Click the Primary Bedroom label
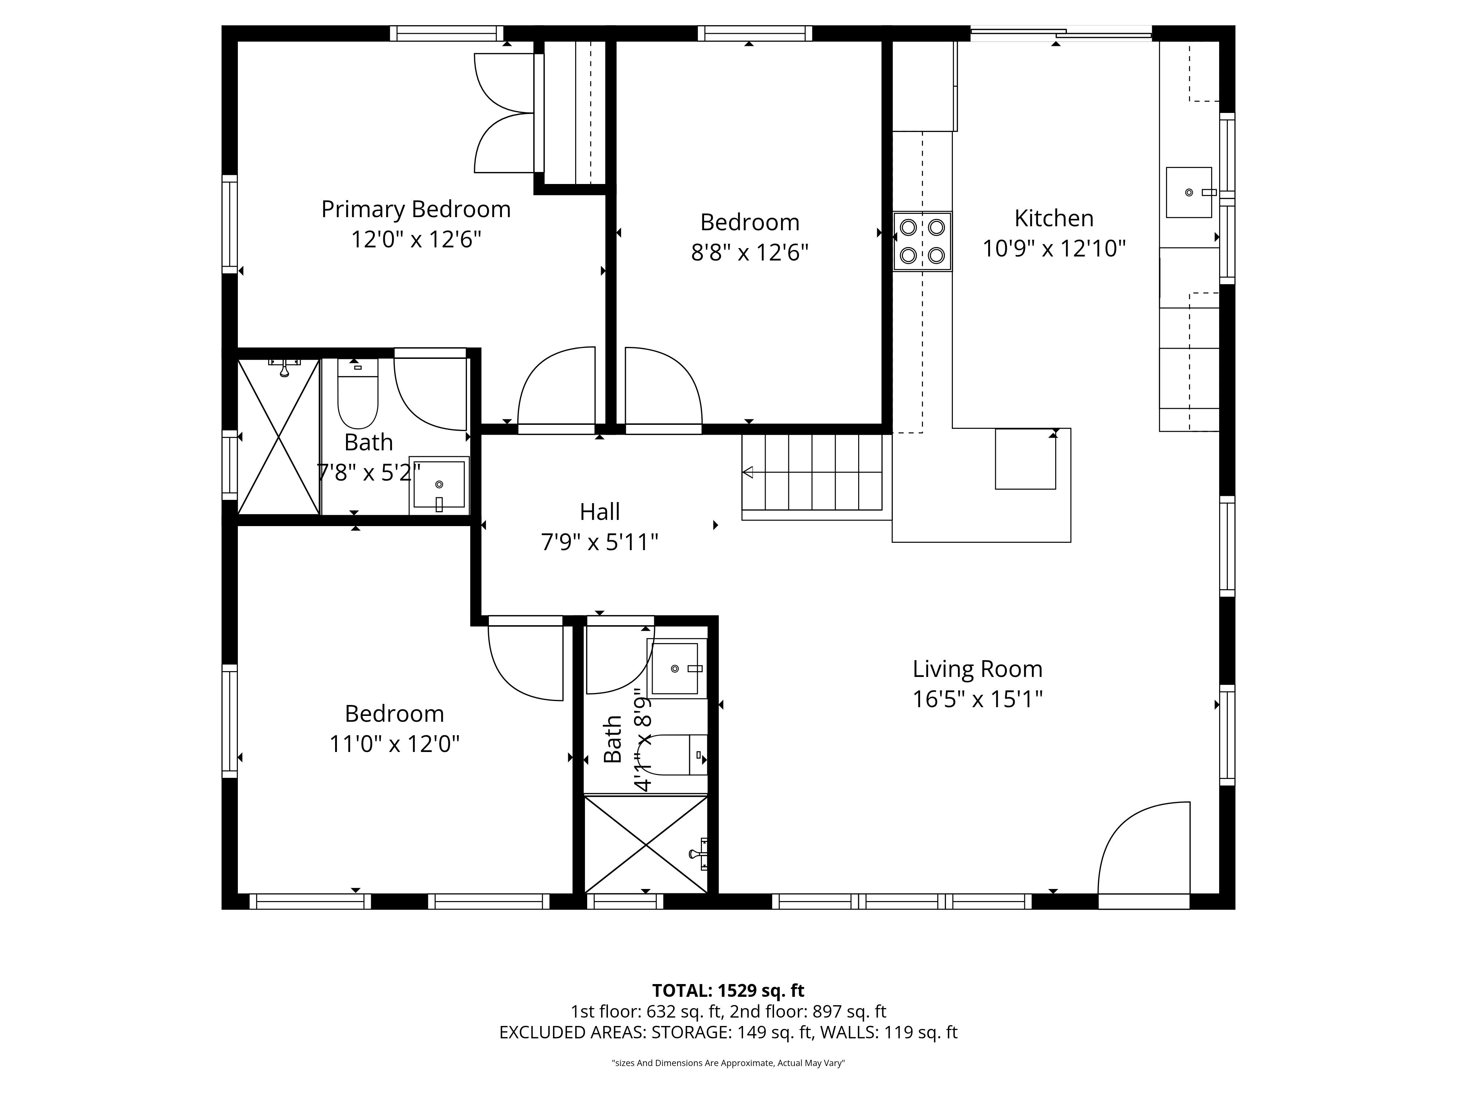tap(416, 209)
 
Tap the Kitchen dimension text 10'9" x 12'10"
tap(1054, 248)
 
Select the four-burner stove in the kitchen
tap(922, 241)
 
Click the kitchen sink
tap(1189, 192)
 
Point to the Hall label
tap(600, 512)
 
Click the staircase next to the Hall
tap(812, 473)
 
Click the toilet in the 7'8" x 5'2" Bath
tap(358, 393)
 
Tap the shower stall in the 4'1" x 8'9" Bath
tap(646, 845)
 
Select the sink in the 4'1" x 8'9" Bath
tap(676, 669)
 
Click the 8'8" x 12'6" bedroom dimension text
tap(750, 252)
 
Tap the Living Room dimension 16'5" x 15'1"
tap(978, 699)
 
